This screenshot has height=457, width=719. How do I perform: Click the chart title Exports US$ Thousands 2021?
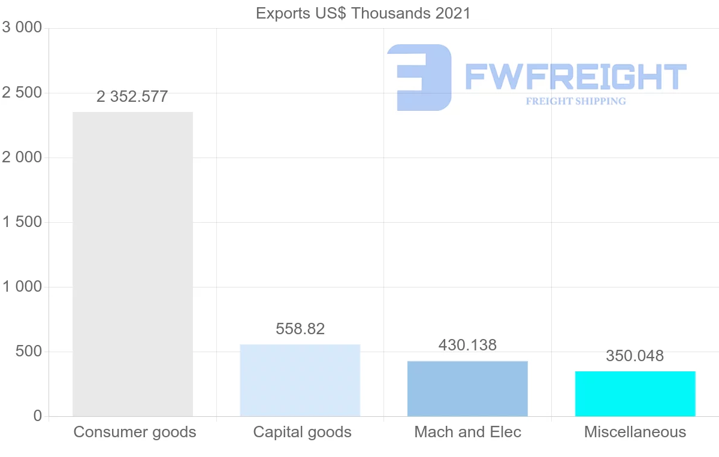(363, 13)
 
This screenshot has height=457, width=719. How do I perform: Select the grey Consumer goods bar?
(132, 264)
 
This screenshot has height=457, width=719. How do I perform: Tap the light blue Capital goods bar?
(300, 380)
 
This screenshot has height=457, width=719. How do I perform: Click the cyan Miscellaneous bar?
(635, 394)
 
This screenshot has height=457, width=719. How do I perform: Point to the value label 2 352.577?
(132, 96)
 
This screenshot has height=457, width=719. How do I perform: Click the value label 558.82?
(300, 329)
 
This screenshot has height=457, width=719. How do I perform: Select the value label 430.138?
(467, 345)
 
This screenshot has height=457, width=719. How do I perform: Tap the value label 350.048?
(635, 356)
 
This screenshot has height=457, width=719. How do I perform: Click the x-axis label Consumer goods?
(135, 432)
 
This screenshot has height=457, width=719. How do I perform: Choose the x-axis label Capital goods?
(303, 432)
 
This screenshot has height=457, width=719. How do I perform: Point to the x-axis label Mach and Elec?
(468, 432)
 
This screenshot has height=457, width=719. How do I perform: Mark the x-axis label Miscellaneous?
(635, 432)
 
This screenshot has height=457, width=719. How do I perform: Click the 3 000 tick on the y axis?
(23, 28)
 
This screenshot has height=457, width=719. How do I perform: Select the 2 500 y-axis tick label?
(23, 93)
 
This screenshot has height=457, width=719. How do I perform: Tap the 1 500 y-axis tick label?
(23, 222)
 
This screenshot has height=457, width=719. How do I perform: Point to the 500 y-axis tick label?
(29, 352)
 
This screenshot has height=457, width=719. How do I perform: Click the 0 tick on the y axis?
(37, 416)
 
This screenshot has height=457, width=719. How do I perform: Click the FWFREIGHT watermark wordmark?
(575, 77)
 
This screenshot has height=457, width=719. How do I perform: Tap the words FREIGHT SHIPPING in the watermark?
(576, 101)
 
